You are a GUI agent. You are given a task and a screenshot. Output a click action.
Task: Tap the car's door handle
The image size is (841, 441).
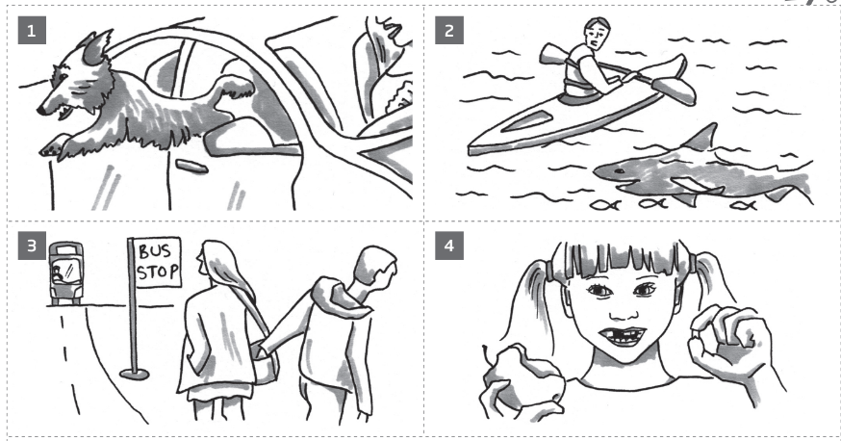(192, 168)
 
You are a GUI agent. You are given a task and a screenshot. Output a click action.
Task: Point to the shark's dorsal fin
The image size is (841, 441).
(700, 137)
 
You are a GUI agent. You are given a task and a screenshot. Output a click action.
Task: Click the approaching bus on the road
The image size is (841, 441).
(65, 272)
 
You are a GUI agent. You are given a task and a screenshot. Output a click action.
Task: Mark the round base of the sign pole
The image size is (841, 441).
(135, 372)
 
